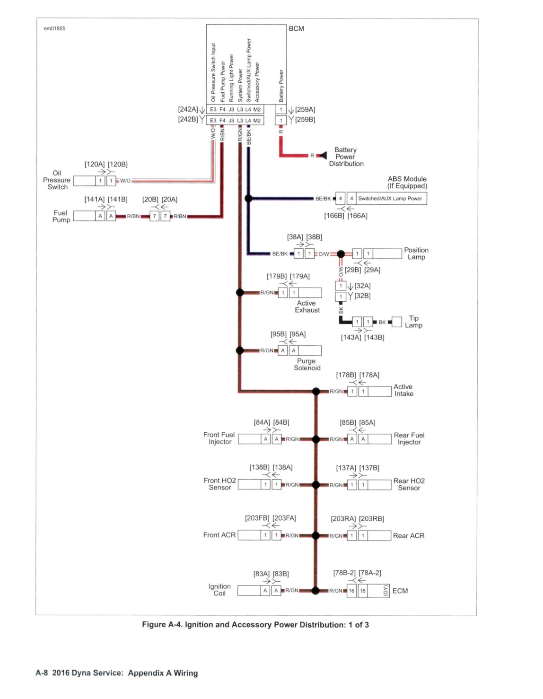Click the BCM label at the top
[296, 29]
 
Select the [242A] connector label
[188, 109]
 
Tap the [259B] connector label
[305, 120]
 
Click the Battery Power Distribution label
[346, 157]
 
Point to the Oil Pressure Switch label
[57, 180]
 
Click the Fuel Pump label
[61, 216]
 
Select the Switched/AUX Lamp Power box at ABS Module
[391, 199]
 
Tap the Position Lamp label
[416, 253]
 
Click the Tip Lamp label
[414, 322]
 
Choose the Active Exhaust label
[307, 306]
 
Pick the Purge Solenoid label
[307, 365]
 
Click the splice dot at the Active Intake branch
[316, 391]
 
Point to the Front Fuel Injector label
[219, 438]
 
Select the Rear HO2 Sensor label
[409, 484]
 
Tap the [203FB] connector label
[257, 518]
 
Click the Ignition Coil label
[219, 590]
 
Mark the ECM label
[400, 591]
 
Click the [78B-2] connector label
[344, 573]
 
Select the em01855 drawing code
[54, 29]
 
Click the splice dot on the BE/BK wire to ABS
[248, 198]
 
